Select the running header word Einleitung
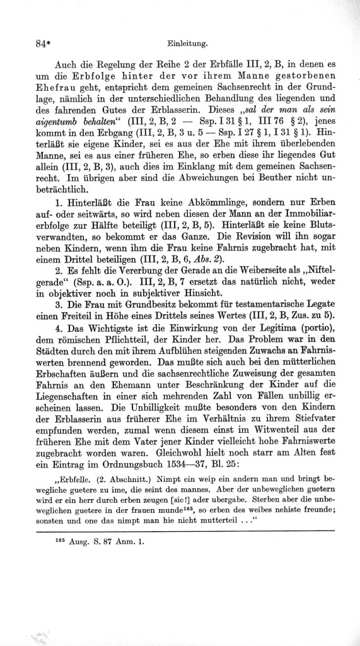click(x=188, y=44)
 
